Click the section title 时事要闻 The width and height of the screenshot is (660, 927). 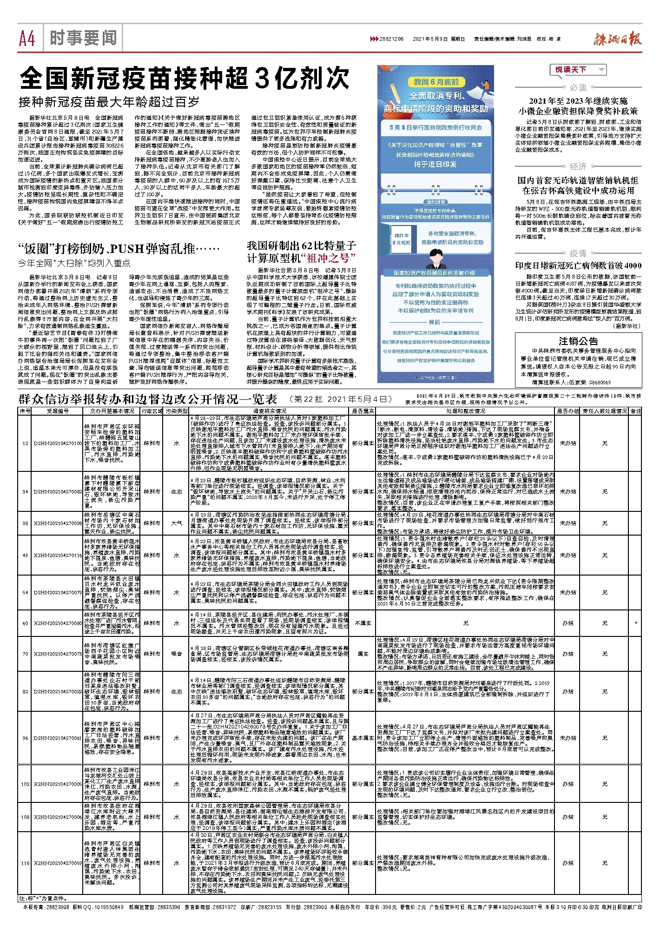click(83, 38)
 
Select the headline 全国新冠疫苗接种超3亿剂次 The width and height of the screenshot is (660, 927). click(185, 78)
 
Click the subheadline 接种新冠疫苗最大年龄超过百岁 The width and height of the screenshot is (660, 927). click(109, 102)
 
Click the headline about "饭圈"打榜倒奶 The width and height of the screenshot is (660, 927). click(119, 249)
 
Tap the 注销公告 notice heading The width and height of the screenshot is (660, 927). click(578, 341)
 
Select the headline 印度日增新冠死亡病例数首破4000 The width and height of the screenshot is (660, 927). click(578, 265)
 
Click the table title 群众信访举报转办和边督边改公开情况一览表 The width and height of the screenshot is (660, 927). click(148, 399)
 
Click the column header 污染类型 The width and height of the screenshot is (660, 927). click(177, 411)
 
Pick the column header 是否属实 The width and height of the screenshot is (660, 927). click(363, 411)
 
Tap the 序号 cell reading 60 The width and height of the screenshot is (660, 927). click(25, 623)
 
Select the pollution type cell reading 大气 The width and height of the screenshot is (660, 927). click(177, 523)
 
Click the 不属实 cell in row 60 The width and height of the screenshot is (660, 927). click(363, 623)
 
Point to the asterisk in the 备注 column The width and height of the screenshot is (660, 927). click(635, 623)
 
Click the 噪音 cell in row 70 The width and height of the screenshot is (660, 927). click(177, 654)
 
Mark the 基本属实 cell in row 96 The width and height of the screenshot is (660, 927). click(363, 738)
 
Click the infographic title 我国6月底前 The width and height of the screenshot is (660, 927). click(436, 82)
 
